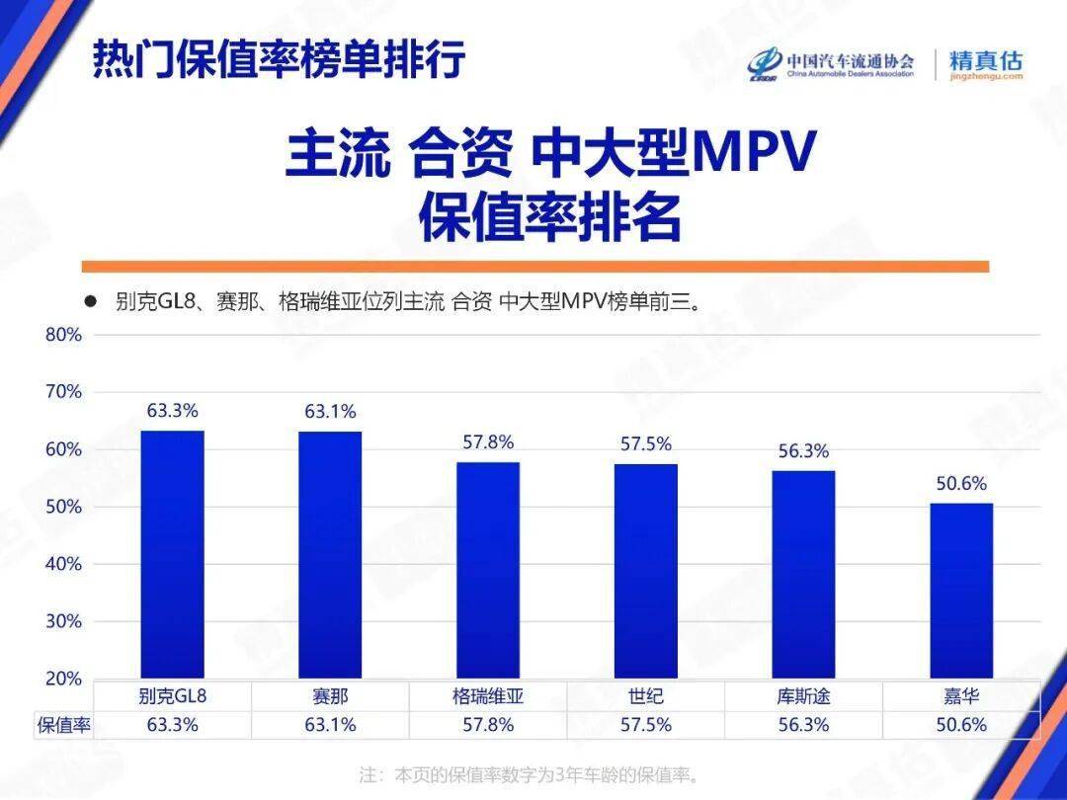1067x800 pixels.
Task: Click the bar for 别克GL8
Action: click(x=173, y=554)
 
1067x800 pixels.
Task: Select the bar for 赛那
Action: click(x=330, y=555)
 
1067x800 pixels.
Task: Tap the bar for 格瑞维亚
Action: click(x=488, y=570)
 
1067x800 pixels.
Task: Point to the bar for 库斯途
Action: click(x=803, y=574)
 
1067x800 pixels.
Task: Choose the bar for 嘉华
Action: click(x=961, y=591)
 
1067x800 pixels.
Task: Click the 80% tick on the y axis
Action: click(x=63, y=335)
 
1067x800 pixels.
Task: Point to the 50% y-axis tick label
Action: click(x=63, y=507)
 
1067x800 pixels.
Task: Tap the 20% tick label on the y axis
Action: click(x=63, y=679)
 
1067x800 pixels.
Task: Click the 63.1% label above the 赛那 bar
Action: click(x=330, y=412)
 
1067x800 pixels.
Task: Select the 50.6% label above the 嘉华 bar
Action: click(x=961, y=484)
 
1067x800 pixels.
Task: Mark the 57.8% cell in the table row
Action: click(x=488, y=725)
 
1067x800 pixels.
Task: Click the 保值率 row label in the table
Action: click(x=64, y=725)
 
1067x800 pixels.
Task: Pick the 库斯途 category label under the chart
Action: click(x=803, y=696)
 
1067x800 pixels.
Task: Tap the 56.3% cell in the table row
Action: click(x=803, y=725)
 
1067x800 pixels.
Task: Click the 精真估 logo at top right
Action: click(x=985, y=64)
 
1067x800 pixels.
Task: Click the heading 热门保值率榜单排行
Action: click(x=279, y=60)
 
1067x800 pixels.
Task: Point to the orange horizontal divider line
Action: click(x=534, y=266)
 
